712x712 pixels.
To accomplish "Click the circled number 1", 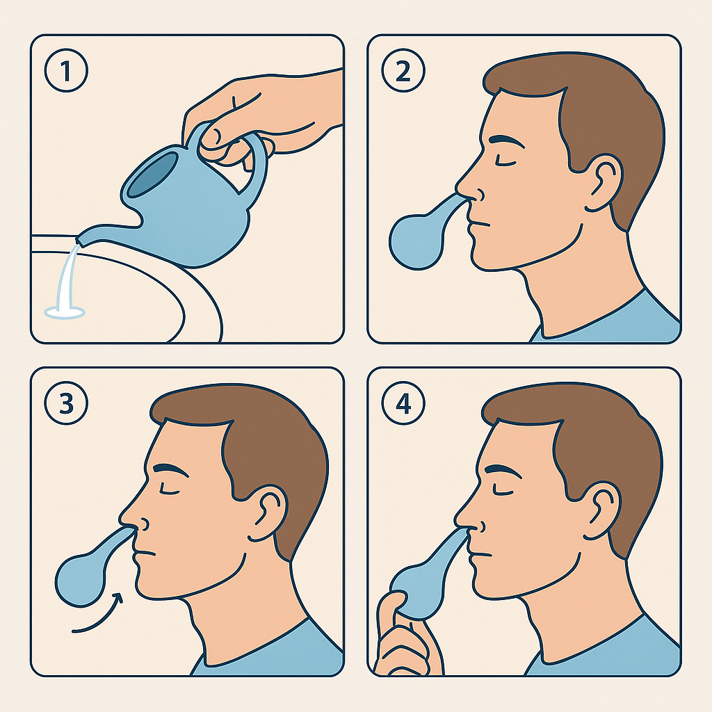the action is (66, 71).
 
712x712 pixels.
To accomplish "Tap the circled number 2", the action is (403, 71).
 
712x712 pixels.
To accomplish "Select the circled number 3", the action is (66, 403).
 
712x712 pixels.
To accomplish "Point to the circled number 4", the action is (403, 403).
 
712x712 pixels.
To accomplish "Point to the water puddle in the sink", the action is (65, 312).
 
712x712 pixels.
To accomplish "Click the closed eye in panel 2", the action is (505, 162).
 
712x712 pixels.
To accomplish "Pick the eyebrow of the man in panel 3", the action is (171, 469).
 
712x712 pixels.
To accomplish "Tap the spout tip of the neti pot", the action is (80, 240).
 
